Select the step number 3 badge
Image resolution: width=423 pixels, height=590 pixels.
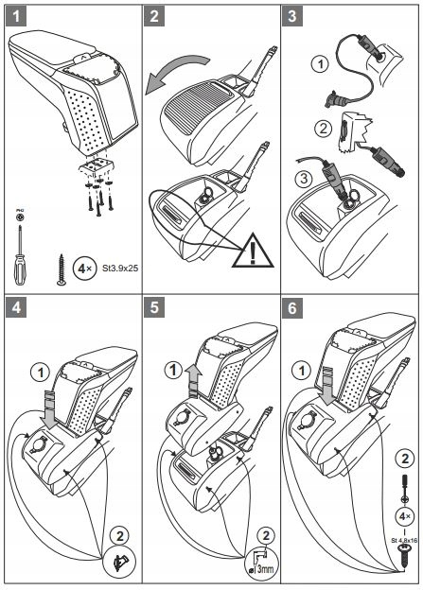[x=294, y=17]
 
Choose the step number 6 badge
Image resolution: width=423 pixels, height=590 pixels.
[x=294, y=309]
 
